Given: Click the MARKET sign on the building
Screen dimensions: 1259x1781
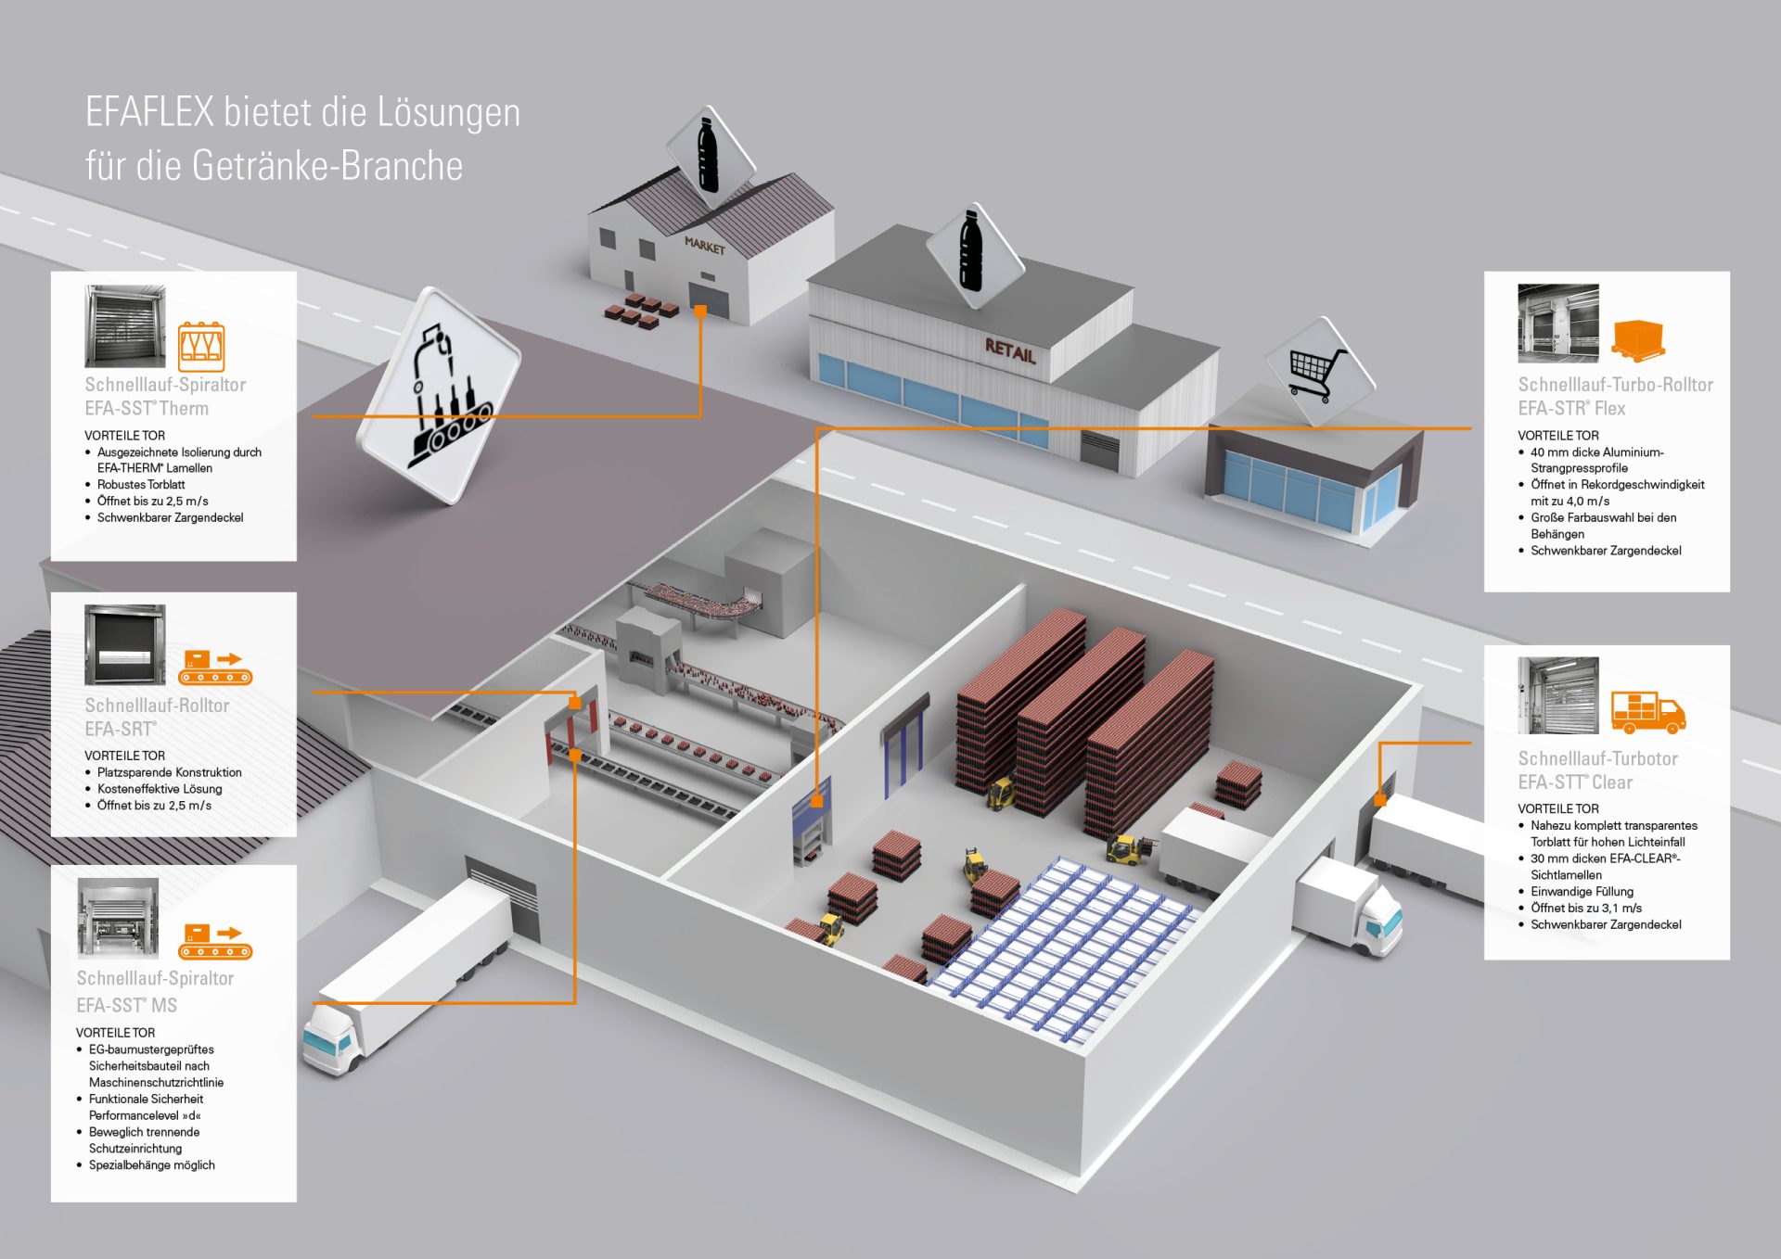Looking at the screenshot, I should (x=705, y=246).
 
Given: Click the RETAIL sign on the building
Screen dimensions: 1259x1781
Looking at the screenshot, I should (x=1010, y=351).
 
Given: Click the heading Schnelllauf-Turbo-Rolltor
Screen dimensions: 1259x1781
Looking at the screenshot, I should (x=1615, y=385).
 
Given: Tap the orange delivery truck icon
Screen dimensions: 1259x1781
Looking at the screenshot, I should (x=1647, y=712).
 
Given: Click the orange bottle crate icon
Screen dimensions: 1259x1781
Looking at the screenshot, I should (x=201, y=347).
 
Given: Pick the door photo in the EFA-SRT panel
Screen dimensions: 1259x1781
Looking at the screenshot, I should (x=125, y=644).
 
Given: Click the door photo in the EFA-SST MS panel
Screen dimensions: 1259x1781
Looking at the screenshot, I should (x=118, y=917).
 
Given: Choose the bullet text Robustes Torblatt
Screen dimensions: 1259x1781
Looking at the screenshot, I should (x=141, y=485).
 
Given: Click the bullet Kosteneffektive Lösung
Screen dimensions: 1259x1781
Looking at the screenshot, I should (x=160, y=789).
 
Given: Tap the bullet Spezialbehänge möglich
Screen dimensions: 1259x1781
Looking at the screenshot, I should (x=151, y=1165).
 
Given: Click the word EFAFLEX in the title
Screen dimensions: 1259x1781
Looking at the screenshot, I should (x=149, y=113).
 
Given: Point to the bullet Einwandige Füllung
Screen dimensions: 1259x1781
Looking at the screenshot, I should (x=1582, y=892).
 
